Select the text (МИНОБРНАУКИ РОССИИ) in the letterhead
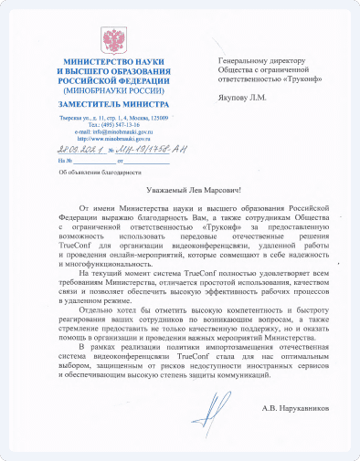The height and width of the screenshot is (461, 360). [x=112, y=92]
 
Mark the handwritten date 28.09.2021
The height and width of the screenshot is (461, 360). [x=79, y=149]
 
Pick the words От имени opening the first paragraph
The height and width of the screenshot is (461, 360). [x=96, y=210]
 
